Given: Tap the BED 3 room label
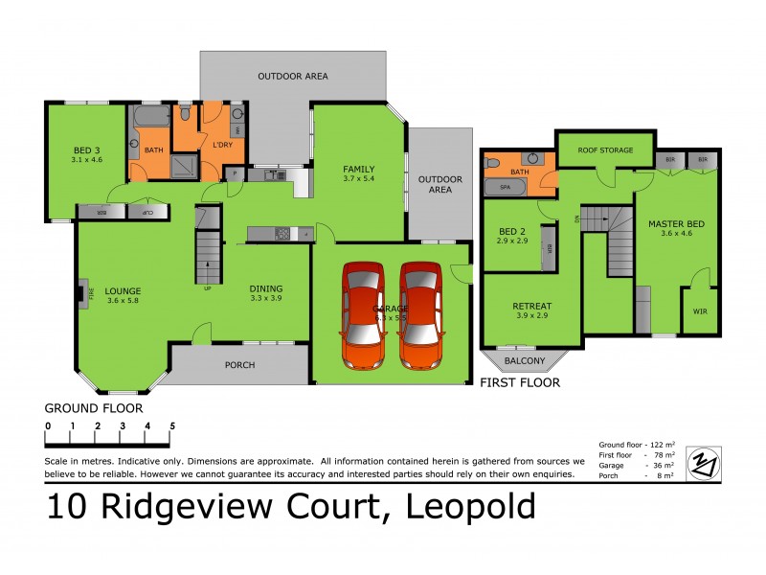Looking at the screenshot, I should (86, 149).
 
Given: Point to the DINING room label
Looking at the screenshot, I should (265, 287).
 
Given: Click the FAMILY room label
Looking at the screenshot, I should (359, 170).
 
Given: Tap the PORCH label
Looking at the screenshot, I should (239, 364).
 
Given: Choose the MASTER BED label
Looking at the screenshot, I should (676, 224).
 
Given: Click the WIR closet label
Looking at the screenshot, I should (698, 310).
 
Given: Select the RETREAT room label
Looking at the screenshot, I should (532, 307).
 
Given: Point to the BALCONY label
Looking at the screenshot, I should (525, 361).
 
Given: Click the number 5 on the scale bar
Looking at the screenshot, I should (172, 425).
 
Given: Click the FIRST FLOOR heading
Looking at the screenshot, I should (520, 382).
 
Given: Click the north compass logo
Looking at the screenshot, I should (705, 461).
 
